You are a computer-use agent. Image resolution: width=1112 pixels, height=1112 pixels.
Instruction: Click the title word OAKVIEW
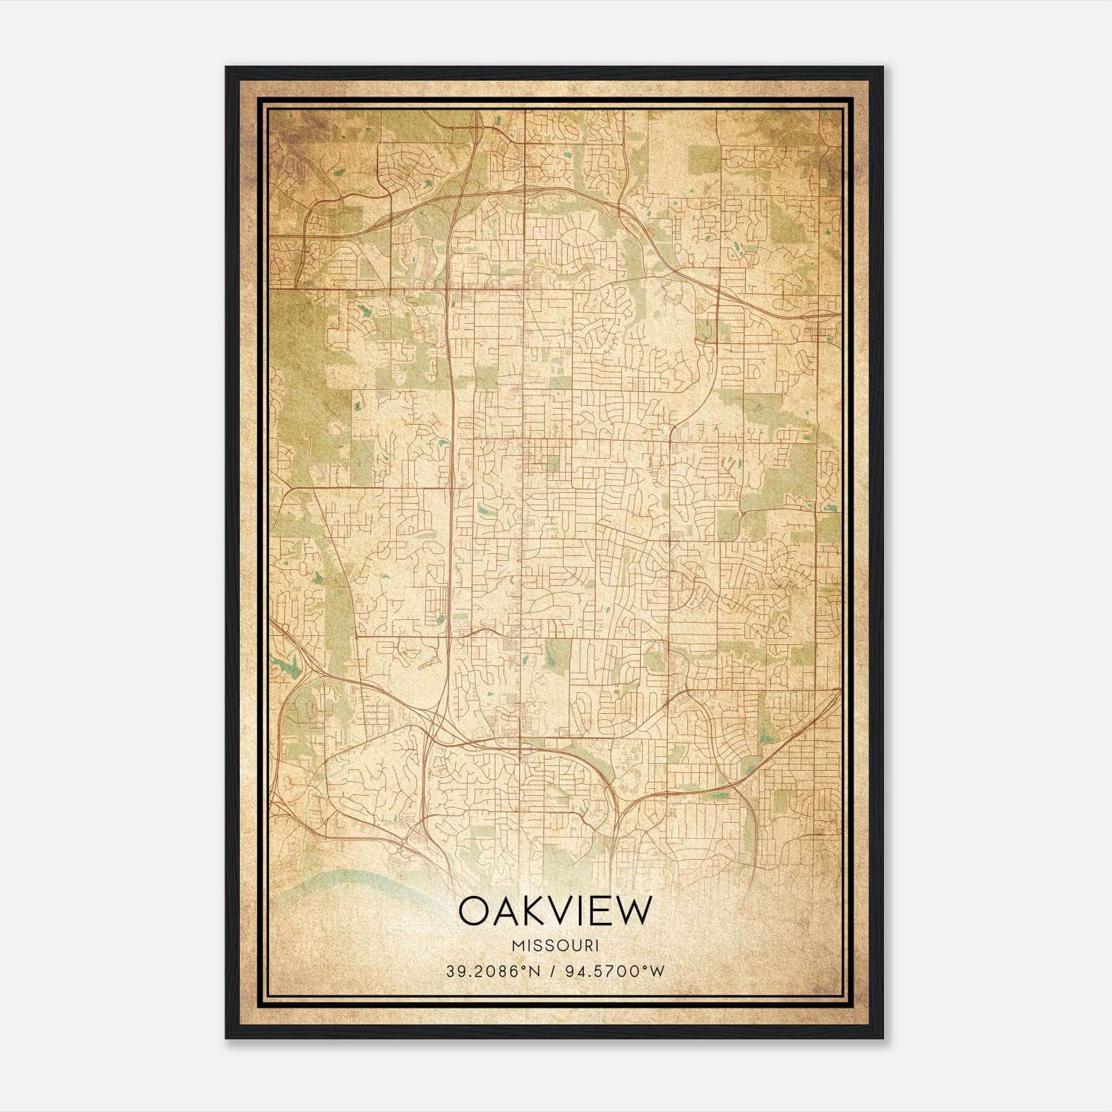pos(555,911)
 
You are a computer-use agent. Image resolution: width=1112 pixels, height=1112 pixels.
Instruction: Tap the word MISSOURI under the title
pos(555,945)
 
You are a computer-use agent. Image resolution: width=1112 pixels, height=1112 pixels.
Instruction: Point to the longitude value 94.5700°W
pos(616,971)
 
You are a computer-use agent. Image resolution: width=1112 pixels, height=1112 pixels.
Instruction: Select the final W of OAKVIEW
pos(636,911)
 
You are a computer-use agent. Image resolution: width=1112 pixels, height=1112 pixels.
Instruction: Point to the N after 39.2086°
pos(534,971)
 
